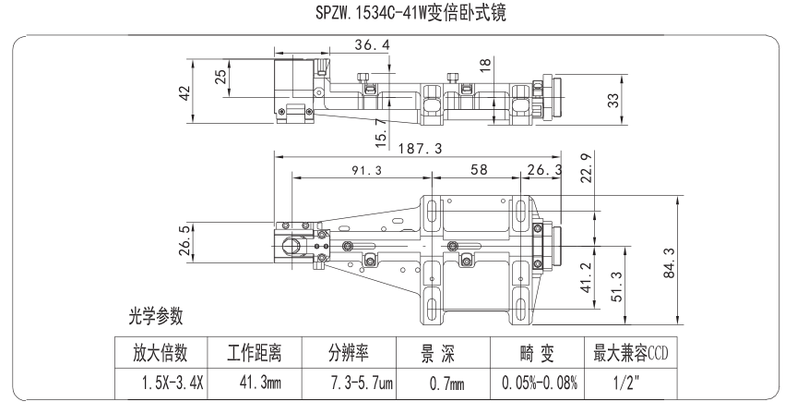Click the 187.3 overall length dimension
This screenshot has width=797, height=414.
(423, 148)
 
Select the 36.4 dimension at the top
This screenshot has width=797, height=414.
(371, 44)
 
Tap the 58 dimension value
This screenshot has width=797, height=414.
(478, 170)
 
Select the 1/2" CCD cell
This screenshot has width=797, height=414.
(630, 382)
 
